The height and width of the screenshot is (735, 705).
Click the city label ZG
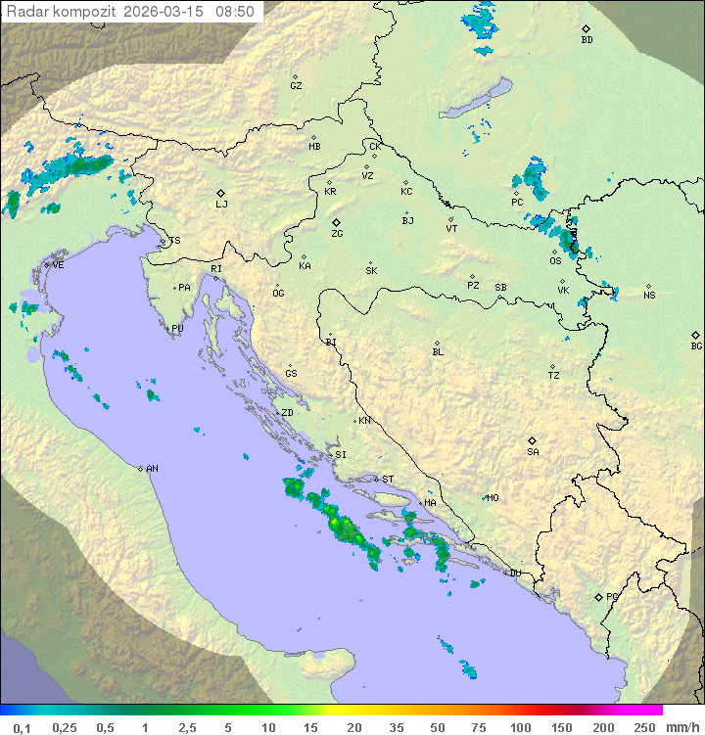[x=337, y=235]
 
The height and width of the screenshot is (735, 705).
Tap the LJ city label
[x=221, y=205]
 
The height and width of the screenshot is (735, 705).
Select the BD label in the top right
[x=587, y=40]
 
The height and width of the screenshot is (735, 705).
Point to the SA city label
[x=533, y=452]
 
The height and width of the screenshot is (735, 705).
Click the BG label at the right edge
[x=696, y=345]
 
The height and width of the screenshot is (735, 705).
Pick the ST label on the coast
[x=388, y=480]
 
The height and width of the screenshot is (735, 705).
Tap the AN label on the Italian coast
[x=152, y=470]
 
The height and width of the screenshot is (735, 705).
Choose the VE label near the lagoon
[x=58, y=265]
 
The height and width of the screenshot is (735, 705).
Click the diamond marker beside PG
[x=599, y=596]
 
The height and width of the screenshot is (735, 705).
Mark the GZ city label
[x=296, y=86]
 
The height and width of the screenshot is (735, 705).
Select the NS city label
[x=649, y=296]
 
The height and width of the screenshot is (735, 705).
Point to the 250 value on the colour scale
[x=644, y=727]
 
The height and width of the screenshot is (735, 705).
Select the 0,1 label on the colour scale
[x=22, y=727]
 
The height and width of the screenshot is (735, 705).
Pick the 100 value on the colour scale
[x=520, y=727]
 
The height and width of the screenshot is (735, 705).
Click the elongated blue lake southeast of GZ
[x=475, y=100]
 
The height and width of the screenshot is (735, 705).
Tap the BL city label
[x=438, y=352]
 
